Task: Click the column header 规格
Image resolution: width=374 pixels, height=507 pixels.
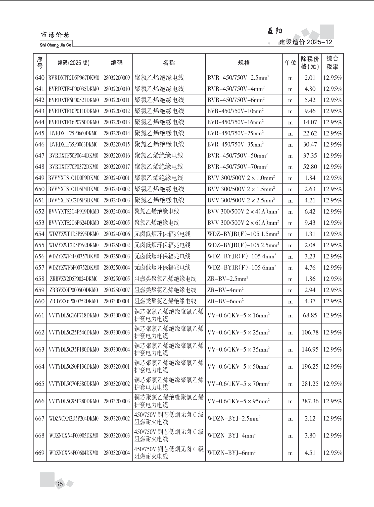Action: pyautogui.click(x=244, y=63)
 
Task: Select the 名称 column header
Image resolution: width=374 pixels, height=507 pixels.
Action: pyautogui.click(x=169, y=63)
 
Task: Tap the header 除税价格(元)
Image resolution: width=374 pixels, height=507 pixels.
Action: pyautogui.click(x=310, y=63)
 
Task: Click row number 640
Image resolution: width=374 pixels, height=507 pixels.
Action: pyautogui.click(x=40, y=78)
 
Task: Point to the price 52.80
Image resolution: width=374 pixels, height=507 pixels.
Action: pyautogui.click(x=310, y=167)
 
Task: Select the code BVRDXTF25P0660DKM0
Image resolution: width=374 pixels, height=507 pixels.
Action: pyautogui.click(x=74, y=133)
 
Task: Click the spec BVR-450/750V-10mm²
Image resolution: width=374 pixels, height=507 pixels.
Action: pyautogui.click(x=235, y=111)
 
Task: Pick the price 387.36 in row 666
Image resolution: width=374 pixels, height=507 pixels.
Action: pyautogui.click(x=310, y=401)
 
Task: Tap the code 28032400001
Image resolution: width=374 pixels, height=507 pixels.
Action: pyautogui.click(x=117, y=178)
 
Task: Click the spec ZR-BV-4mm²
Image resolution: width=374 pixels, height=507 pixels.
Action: pyautogui.click(x=225, y=290)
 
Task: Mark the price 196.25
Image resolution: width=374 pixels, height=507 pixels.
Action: pyautogui.click(x=310, y=367)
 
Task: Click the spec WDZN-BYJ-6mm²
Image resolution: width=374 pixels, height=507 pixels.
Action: pyautogui.click(x=231, y=453)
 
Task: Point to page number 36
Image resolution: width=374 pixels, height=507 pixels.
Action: pyautogui.click(x=60, y=484)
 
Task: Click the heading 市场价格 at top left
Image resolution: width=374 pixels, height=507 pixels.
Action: pyautogui.click(x=55, y=35)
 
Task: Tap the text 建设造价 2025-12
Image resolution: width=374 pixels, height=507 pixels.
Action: pyautogui.click(x=306, y=42)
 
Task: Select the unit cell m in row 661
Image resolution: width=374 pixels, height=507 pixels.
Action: pyautogui.click(x=290, y=315)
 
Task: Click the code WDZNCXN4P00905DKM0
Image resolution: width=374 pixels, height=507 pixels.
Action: pyautogui.click(x=74, y=436)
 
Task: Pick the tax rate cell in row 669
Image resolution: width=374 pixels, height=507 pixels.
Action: pyautogui.click(x=332, y=453)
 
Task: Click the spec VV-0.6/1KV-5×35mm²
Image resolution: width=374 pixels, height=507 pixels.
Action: pyautogui.click(x=238, y=350)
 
